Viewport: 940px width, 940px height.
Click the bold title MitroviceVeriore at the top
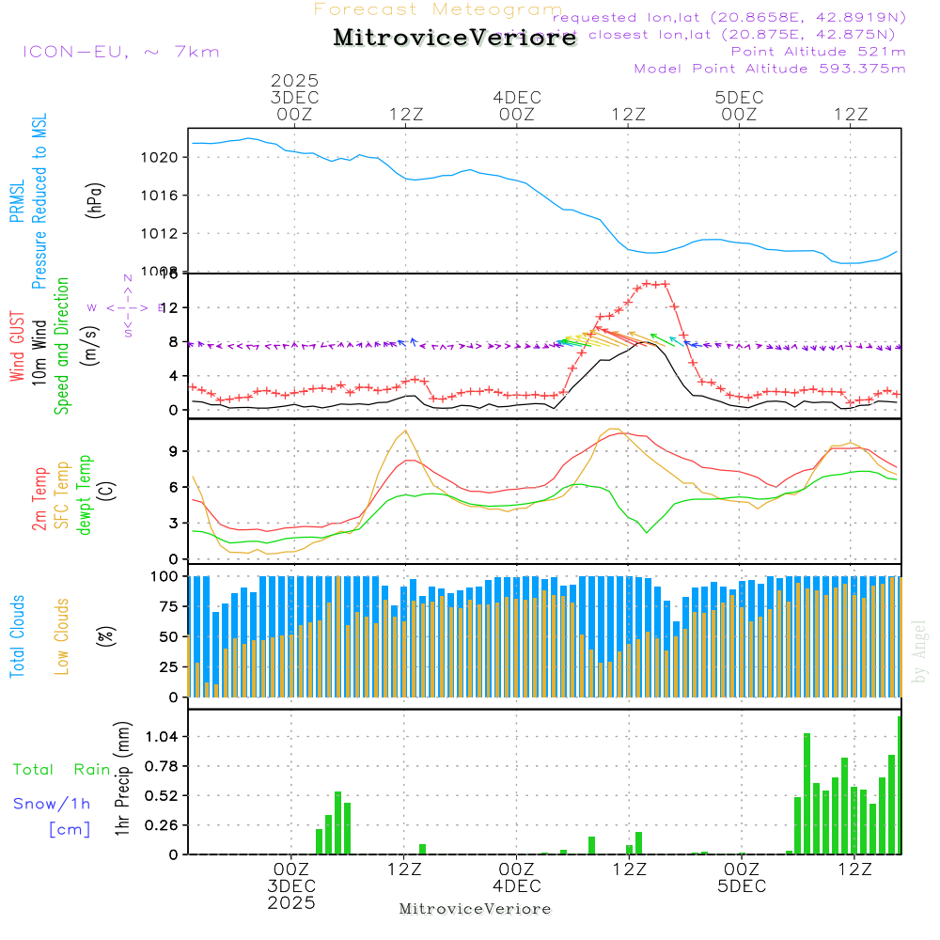(455, 39)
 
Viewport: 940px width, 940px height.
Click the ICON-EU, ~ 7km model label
(120, 52)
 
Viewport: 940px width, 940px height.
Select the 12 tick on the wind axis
(166, 307)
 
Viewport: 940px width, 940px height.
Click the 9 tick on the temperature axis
(172, 451)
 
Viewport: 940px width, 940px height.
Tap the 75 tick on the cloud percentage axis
(165, 606)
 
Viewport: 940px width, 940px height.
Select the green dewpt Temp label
(85, 495)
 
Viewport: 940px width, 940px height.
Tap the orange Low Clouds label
(62, 636)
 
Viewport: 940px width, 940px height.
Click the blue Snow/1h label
(53, 804)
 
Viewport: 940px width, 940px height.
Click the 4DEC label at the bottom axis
(516, 885)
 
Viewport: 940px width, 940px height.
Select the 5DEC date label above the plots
(739, 97)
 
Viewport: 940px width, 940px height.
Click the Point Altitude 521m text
(818, 51)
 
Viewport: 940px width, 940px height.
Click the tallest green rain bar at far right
(900, 785)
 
